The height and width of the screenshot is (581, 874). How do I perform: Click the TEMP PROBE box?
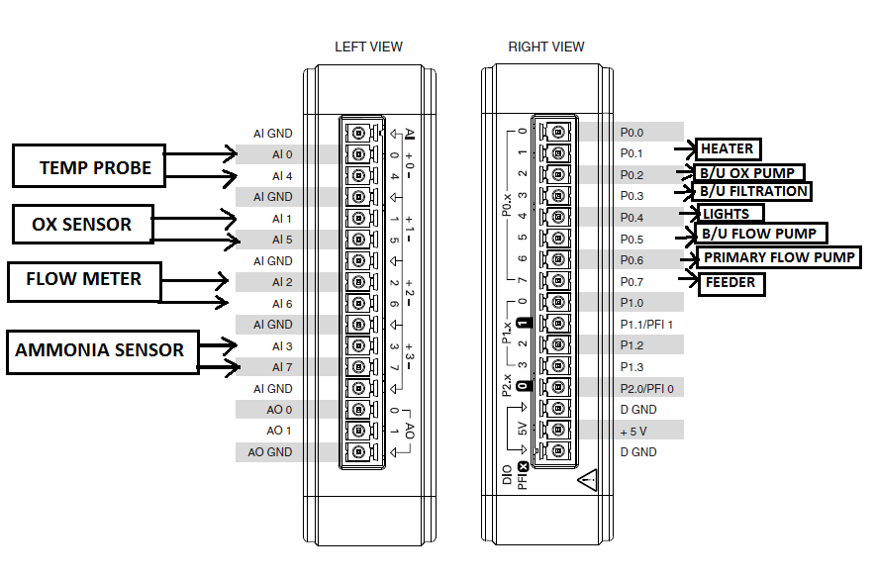coord(89,165)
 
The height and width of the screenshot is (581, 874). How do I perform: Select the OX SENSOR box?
coord(83,224)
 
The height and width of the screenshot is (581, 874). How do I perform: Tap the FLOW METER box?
coord(83,281)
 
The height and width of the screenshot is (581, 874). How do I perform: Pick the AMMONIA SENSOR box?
coord(100,350)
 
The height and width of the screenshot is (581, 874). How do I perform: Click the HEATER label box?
coord(728,149)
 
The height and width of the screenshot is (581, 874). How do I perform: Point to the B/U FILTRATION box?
coord(753,191)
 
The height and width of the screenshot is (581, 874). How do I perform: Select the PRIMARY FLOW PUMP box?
coord(779,258)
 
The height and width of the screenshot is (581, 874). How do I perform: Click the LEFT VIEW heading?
coord(368,47)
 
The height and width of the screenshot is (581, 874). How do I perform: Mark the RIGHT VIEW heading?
coord(546,47)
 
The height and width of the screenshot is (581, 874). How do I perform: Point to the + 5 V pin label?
coord(634,431)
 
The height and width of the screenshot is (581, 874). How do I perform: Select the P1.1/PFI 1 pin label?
coord(646,325)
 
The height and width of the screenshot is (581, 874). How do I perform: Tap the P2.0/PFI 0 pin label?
coord(646,388)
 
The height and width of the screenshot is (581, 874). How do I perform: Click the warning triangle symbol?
coord(589,480)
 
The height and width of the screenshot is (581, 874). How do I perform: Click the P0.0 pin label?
coord(631,132)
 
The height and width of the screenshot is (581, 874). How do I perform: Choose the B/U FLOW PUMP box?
coord(760,234)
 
